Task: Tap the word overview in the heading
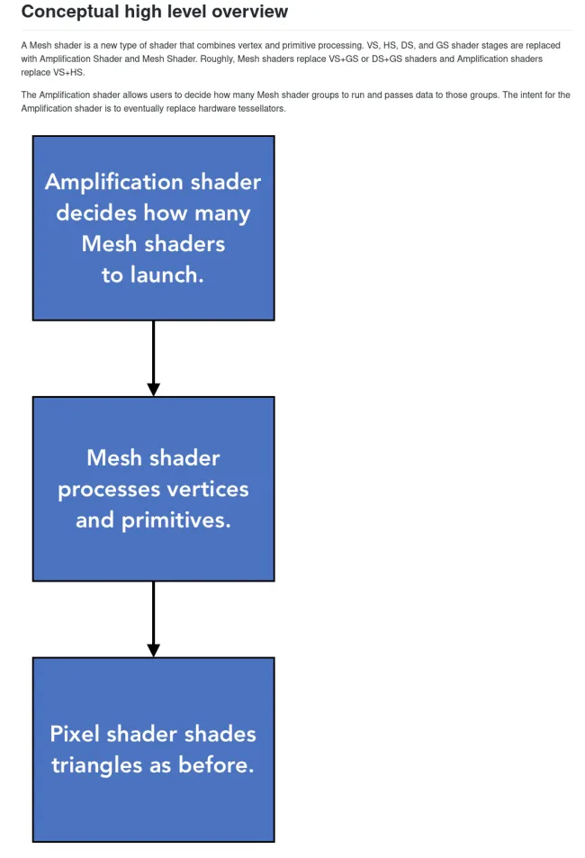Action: click(x=253, y=11)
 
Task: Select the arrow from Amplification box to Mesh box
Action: click(x=154, y=357)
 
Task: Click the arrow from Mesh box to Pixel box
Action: click(x=154, y=619)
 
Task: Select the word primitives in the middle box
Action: click(x=176, y=520)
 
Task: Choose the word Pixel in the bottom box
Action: click(x=75, y=734)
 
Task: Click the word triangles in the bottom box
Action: click(x=97, y=765)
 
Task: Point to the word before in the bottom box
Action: click(x=216, y=764)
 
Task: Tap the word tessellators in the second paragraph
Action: click(x=262, y=108)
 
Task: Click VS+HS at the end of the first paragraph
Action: click(x=69, y=72)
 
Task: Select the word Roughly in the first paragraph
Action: click(x=218, y=59)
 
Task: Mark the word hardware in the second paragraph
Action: click(x=219, y=108)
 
